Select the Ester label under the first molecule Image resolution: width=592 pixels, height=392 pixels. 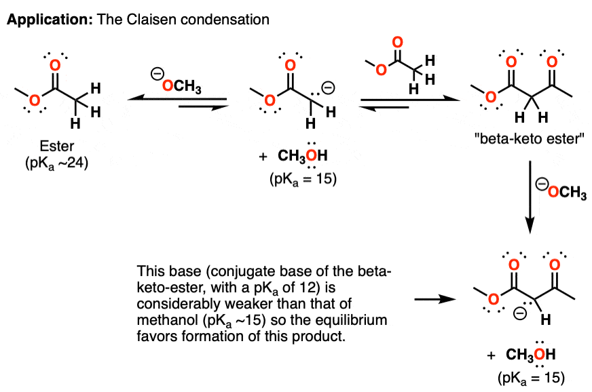[57, 146]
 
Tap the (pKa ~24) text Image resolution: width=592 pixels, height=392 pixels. [57, 163]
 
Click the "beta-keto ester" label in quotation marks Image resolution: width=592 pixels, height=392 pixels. [530, 139]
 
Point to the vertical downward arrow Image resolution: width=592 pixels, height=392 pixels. [530, 197]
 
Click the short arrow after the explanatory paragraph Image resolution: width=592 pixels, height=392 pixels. [435, 300]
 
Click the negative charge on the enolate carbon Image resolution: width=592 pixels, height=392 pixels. [328, 88]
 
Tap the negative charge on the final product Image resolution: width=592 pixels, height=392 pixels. [520, 313]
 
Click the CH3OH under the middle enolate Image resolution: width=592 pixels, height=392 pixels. [302, 155]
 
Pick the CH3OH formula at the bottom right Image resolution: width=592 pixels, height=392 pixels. [530, 354]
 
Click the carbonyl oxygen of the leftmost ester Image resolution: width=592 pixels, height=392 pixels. [55, 66]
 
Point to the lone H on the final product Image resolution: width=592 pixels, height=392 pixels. [546, 320]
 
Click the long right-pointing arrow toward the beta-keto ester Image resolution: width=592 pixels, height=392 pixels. [411, 100]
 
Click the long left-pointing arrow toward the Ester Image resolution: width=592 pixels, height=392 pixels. [177, 99]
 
